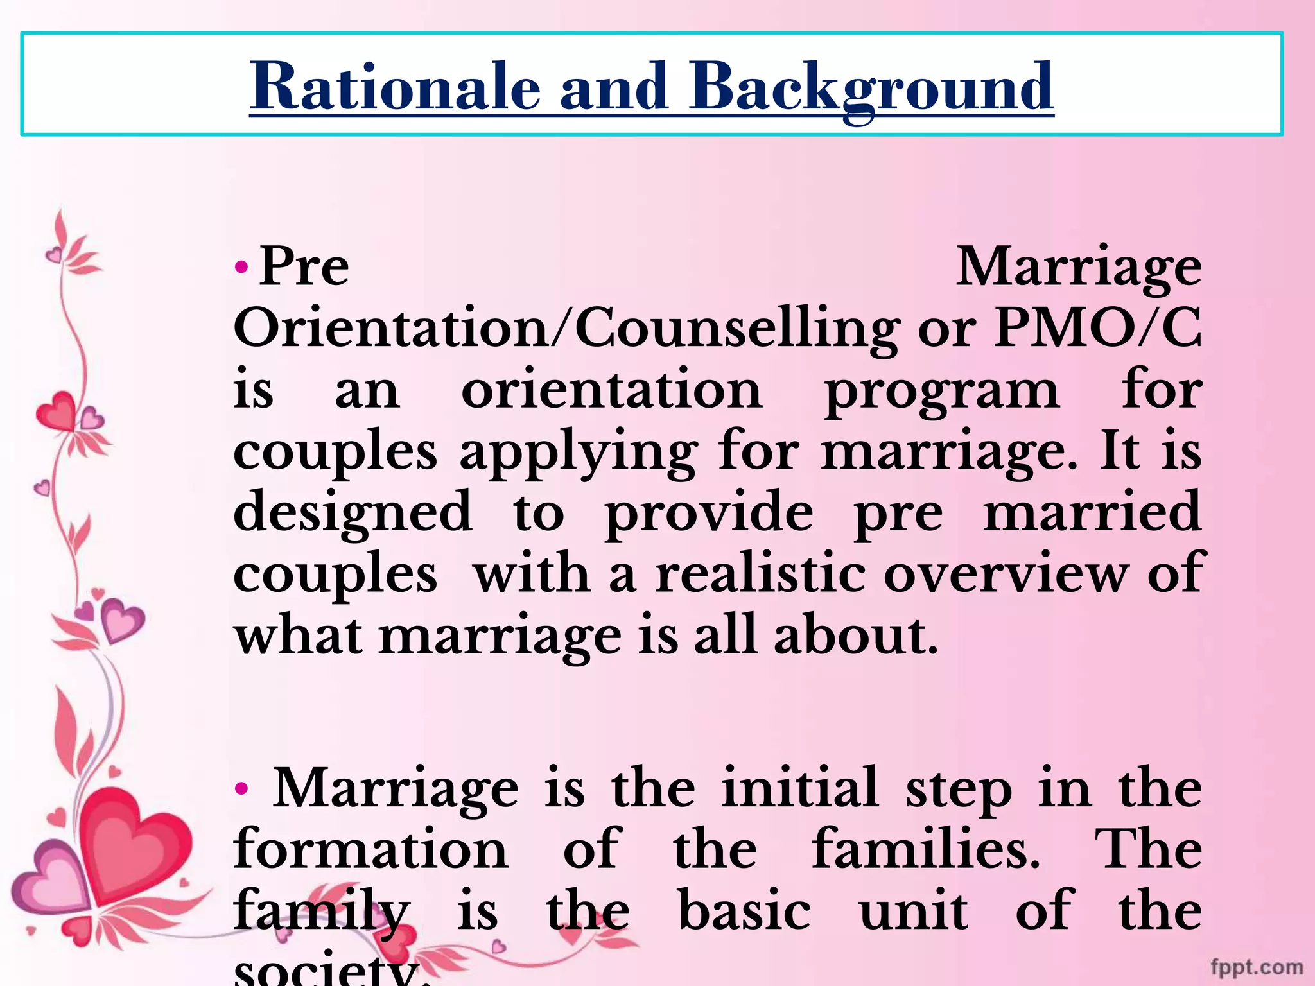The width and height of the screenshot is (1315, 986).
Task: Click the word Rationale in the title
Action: (x=395, y=87)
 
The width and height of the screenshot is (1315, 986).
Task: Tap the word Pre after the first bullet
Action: (x=304, y=266)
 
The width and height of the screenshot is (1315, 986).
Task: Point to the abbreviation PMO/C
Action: (x=1097, y=328)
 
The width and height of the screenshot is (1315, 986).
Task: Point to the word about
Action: (x=855, y=636)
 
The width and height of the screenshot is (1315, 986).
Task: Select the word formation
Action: (x=371, y=849)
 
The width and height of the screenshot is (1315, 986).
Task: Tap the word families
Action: (x=925, y=849)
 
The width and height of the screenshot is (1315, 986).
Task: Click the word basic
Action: (x=744, y=910)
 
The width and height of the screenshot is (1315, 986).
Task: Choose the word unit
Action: (x=913, y=910)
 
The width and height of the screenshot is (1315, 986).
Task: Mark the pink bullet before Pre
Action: (x=241, y=266)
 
